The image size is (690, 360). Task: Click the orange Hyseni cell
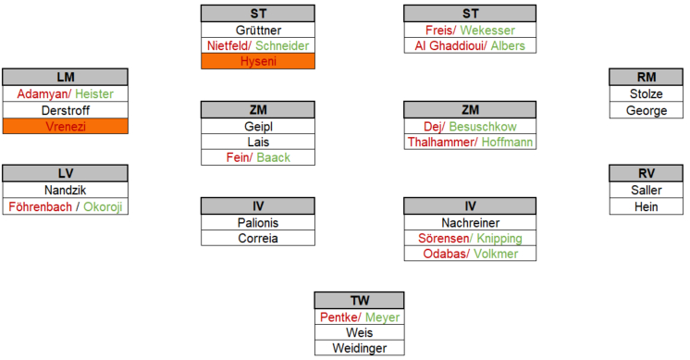(258, 61)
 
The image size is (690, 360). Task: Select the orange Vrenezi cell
(66, 126)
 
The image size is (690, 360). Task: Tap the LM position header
(66, 77)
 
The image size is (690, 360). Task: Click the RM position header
(646, 77)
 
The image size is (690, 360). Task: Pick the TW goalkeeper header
(360, 301)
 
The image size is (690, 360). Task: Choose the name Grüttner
(258, 31)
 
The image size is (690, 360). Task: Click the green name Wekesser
(487, 31)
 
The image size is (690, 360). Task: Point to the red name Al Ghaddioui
(450, 45)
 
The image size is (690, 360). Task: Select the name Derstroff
(66, 110)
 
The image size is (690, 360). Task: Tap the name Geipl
(258, 127)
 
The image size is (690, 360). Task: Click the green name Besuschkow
(483, 127)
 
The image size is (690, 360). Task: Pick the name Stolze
(646, 93)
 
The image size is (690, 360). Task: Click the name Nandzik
(65, 190)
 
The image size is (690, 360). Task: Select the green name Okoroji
(103, 207)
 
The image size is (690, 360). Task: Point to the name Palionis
(258, 223)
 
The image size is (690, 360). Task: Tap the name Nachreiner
(471, 223)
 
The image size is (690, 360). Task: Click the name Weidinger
(360, 348)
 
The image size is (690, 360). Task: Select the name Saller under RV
(646, 190)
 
